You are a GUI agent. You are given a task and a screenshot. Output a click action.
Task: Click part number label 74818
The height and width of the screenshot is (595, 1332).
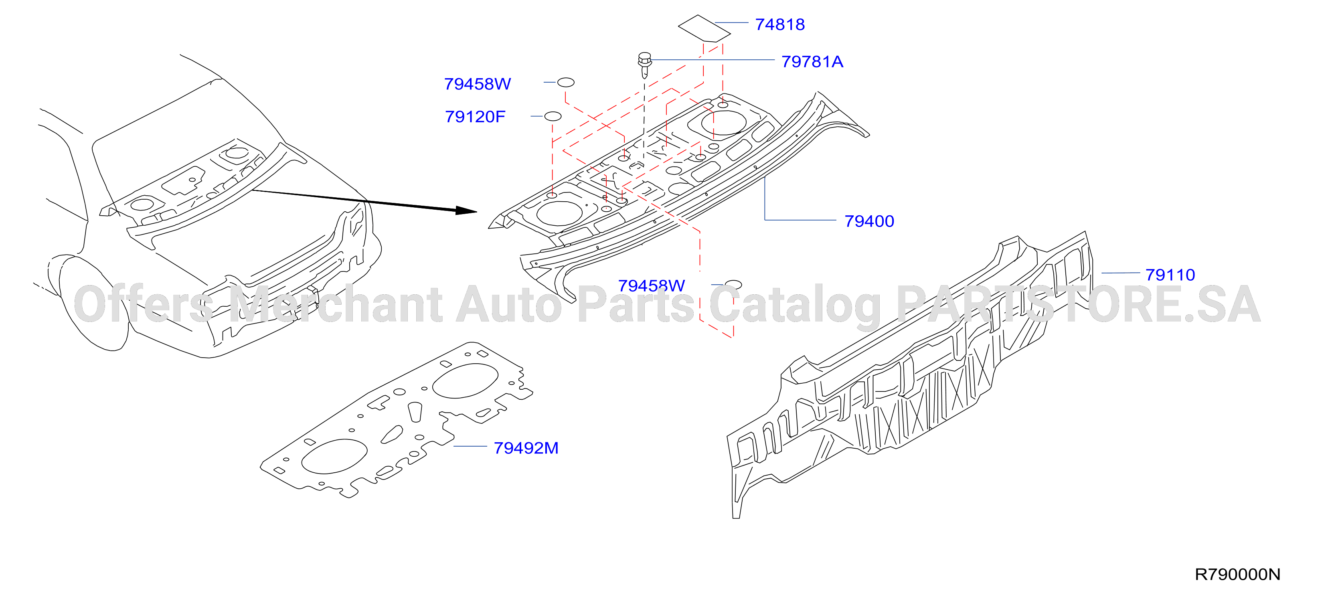click(x=780, y=24)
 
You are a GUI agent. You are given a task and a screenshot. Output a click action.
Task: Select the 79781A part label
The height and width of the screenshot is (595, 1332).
click(x=812, y=61)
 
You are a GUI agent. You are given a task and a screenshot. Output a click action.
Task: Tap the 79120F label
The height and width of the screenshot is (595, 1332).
click(x=475, y=116)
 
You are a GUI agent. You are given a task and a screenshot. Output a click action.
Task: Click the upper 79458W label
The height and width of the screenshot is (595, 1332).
click(x=477, y=84)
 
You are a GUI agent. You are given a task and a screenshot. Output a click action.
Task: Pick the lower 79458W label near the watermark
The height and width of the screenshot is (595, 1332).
click(x=651, y=285)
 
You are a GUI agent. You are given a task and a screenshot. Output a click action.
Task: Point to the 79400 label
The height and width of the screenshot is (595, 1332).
click(x=869, y=221)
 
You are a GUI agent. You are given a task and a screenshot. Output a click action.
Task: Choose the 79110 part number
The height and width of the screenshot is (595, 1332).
click(x=1170, y=275)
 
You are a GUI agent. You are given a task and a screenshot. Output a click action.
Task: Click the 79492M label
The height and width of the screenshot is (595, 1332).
click(x=526, y=448)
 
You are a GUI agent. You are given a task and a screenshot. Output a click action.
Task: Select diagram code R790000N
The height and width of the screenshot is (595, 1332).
click(x=1237, y=574)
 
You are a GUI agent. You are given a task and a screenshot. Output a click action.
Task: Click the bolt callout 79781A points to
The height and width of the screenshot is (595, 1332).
click(x=645, y=65)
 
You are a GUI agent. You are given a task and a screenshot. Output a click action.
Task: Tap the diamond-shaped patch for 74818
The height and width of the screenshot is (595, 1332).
click(x=704, y=28)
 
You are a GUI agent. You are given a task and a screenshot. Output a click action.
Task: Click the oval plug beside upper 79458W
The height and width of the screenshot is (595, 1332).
click(x=566, y=82)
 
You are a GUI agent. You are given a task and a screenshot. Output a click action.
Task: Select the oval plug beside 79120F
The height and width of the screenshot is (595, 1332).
click(x=553, y=116)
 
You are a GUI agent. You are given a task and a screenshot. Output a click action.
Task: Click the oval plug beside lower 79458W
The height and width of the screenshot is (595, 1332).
click(x=733, y=285)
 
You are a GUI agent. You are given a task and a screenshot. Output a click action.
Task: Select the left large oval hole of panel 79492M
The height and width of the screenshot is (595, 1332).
click(x=334, y=456)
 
